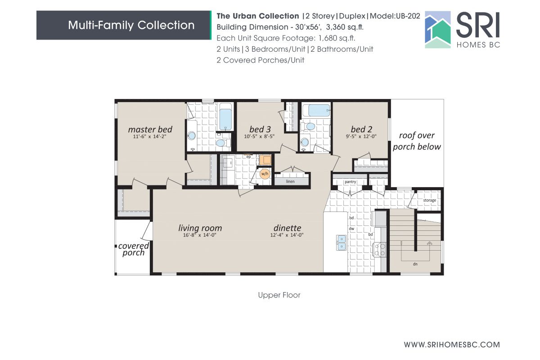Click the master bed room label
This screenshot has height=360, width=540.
pyautogui.click(x=150, y=130)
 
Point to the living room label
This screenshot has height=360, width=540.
pyautogui.click(x=200, y=228)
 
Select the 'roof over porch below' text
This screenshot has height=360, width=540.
pyautogui.click(x=417, y=141)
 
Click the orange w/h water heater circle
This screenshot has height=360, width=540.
pyautogui.click(x=264, y=174)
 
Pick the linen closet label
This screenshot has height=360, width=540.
pyautogui.click(x=290, y=181)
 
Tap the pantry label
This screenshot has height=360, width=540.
pyautogui.click(x=350, y=182)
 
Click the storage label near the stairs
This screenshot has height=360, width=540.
pyautogui.click(x=429, y=200)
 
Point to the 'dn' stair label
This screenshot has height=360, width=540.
pyautogui.click(x=415, y=264)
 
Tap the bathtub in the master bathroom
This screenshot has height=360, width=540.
pyautogui.click(x=225, y=117)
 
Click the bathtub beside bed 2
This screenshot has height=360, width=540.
pyautogui.click(x=316, y=110)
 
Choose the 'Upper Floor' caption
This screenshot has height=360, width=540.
pyautogui.click(x=279, y=295)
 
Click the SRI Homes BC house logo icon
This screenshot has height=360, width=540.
pyautogui.click(x=438, y=30)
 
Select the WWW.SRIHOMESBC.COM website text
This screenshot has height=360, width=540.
pyautogui.click(x=452, y=345)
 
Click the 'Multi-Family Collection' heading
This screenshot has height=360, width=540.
pyautogui.click(x=131, y=25)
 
